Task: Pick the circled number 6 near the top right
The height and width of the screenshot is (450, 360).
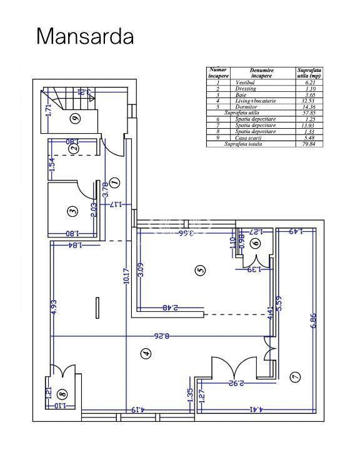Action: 256,244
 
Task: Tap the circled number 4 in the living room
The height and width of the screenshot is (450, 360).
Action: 146,354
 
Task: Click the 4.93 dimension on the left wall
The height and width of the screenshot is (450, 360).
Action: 54,306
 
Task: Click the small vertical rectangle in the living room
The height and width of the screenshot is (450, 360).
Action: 97,309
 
